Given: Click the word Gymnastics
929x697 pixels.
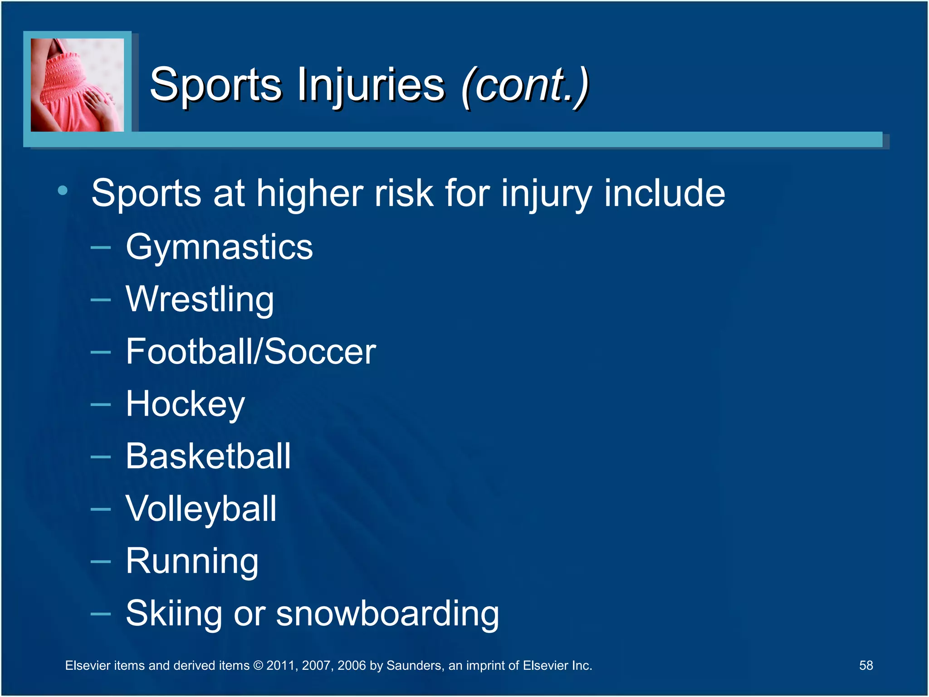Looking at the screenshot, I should coord(219,248).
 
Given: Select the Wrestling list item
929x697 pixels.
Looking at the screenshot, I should coord(200,299).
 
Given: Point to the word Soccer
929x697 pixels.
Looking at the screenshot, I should coord(320,352).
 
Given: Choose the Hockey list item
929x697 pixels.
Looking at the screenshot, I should coord(185,404).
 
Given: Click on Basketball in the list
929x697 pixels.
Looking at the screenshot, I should coord(208,456).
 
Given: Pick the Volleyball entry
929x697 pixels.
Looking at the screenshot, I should coord(201,509).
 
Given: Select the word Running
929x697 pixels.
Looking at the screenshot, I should coord(192,562).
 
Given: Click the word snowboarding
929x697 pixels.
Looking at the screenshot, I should coord(387,614).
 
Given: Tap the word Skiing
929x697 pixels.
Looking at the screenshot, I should coord(173,614).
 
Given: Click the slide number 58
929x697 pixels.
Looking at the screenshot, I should coord(865,665).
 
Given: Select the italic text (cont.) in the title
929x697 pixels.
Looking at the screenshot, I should coord(525,85).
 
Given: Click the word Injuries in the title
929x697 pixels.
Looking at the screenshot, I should coord(371,85).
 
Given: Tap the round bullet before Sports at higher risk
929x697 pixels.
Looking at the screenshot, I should coord(63,191).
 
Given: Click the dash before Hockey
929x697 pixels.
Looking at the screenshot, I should coord(101,404).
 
